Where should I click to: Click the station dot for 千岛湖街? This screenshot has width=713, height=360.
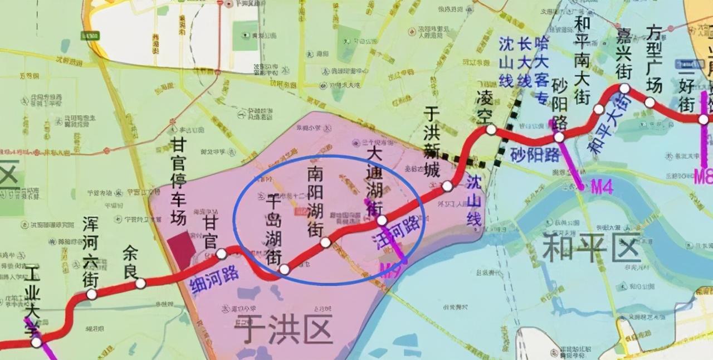click(x=284, y=269)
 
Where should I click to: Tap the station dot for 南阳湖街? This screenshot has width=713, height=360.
click(x=325, y=242)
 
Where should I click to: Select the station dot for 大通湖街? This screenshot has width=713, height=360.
click(x=382, y=220)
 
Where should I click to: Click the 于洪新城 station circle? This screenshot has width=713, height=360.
click(x=447, y=186)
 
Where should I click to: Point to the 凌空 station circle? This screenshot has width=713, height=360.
click(x=491, y=130)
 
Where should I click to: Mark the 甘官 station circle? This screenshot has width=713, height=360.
click(x=221, y=254)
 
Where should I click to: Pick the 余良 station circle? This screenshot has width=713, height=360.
click(x=140, y=283)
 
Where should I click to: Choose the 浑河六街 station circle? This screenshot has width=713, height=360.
click(x=91, y=294)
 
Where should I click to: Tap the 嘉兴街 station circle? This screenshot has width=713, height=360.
click(x=624, y=88)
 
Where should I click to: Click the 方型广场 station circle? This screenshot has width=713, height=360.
click(x=649, y=103)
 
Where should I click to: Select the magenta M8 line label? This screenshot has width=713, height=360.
click(x=703, y=177)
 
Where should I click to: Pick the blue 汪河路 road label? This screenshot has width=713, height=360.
click(x=396, y=232)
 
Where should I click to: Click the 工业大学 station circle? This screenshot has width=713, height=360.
click(x=36, y=342)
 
